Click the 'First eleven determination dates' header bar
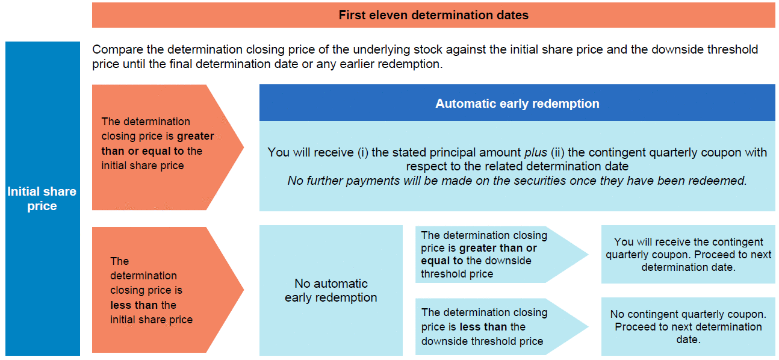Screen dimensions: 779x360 pos(433,15)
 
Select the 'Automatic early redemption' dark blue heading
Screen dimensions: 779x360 pos(517,103)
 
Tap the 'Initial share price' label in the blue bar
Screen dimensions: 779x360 pos(42,199)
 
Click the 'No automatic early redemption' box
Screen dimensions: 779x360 pos(331,290)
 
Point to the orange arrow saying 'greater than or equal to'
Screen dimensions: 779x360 pos(167,147)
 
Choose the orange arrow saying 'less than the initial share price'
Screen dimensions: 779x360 pos(167,290)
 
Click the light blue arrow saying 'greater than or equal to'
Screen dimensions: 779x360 pos(501,254)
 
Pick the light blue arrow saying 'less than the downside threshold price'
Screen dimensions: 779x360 pos(501,327)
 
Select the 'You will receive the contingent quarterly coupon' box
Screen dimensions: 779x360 pos(688,254)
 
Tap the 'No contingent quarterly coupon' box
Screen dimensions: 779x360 pos(688,327)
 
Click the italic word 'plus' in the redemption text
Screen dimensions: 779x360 pos(536,153)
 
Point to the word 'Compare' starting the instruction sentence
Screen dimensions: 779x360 pos(117,50)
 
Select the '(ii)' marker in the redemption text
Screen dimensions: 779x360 pos(557,153)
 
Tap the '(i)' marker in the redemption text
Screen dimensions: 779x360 pos(363,153)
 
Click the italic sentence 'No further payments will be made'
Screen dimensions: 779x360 pos(517,181)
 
